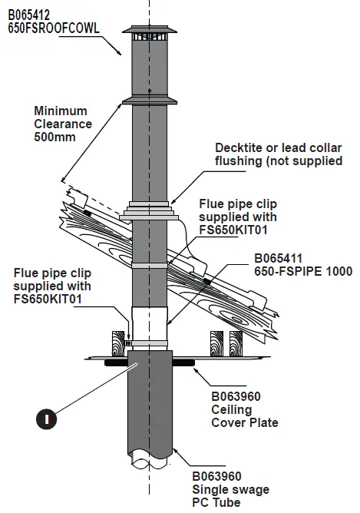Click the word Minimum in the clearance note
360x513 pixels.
tap(58, 111)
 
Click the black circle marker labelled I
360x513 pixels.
tap(47, 419)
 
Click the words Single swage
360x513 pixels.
tap(230, 489)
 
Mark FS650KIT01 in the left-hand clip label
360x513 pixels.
tap(48, 298)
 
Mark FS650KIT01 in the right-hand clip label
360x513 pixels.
tap(233, 229)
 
